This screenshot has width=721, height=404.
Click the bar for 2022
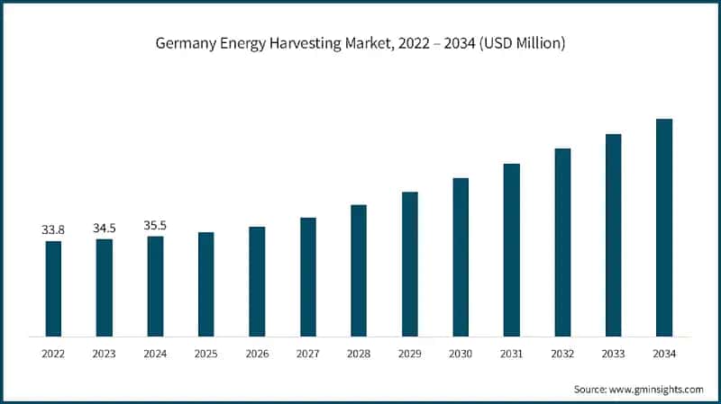[x=53, y=288]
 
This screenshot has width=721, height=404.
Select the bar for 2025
[x=206, y=283]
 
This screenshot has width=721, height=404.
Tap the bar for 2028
[x=359, y=270]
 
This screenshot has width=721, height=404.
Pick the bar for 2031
[x=512, y=249]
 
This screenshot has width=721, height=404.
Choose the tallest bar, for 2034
[x=664, y=227]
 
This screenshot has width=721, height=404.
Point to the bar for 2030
[x=461, y=256]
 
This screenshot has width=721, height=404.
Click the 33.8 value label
[x=53, y=230]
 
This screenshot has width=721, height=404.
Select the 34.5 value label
[x=105, y=229]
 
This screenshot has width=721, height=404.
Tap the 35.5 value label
[x=155, y=226]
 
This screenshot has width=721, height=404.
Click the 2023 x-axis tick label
[x=105, y=355]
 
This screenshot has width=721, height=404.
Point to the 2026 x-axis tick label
[x=257, y=355]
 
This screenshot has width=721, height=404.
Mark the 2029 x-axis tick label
[x=410, y=355]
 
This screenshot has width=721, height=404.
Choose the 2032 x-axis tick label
[x=562, y=355]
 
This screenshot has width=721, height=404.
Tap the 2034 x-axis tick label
[x=664, y=355]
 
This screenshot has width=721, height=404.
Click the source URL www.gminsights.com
[x=657, y=389]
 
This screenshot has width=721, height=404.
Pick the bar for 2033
[x=614, y=234]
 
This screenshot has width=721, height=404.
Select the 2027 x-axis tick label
[x=308, y=355]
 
